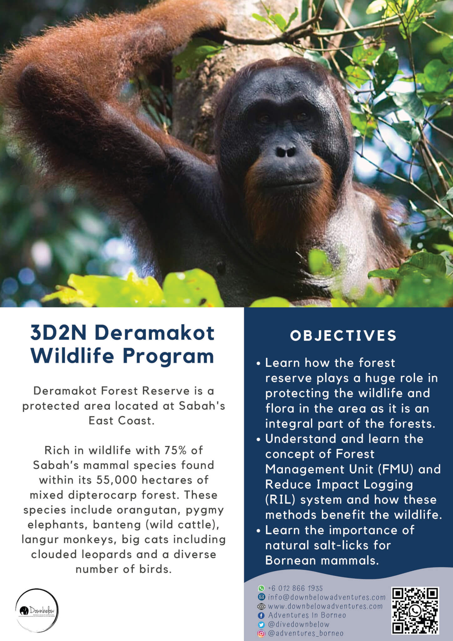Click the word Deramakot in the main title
(x=155, y=333)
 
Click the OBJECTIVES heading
(x=343, y=336)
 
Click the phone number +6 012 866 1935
(x=295, y=588)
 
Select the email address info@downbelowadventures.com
(x=327, y=597)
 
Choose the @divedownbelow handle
(x=299, y=624)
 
